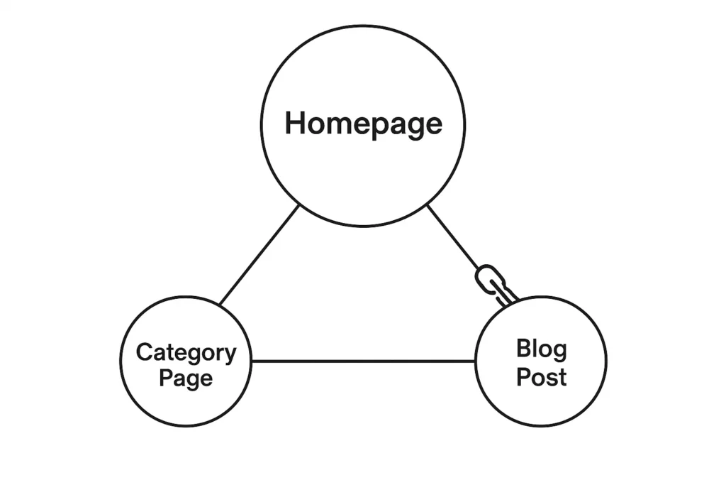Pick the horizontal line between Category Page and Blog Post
tap(363, 361)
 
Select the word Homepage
tap(363, 124)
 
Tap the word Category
tap(186, 353)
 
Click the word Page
tap(186, 378)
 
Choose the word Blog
tap(541, 349)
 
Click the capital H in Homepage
tap(296, 123)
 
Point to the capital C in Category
tap(145, 352)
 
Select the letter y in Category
tap(230, 355)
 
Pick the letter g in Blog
tap(559, 352)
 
